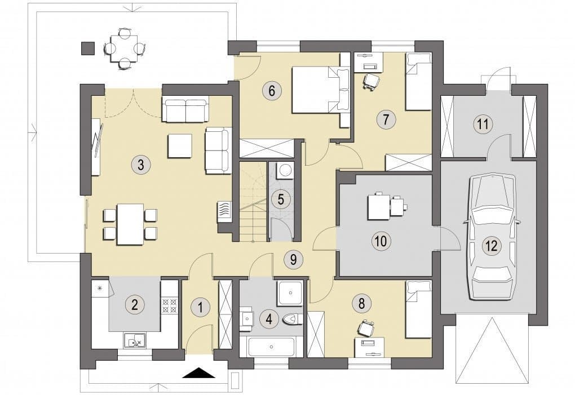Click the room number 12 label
click(492, 246)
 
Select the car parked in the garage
click(492, 237)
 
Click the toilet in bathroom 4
click(293, 319)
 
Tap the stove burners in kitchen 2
click(169, 305)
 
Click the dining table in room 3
click(130, 224)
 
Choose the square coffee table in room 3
click(180, 146)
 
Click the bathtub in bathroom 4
click(271, 346)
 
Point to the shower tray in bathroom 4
click(290, 293)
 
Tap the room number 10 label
click(381, 241)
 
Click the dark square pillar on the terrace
click(87, 48)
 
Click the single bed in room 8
click(418, 309)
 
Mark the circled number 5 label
click(281, 199)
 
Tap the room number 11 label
click(483, 124)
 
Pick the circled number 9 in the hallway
click(293, 259)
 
